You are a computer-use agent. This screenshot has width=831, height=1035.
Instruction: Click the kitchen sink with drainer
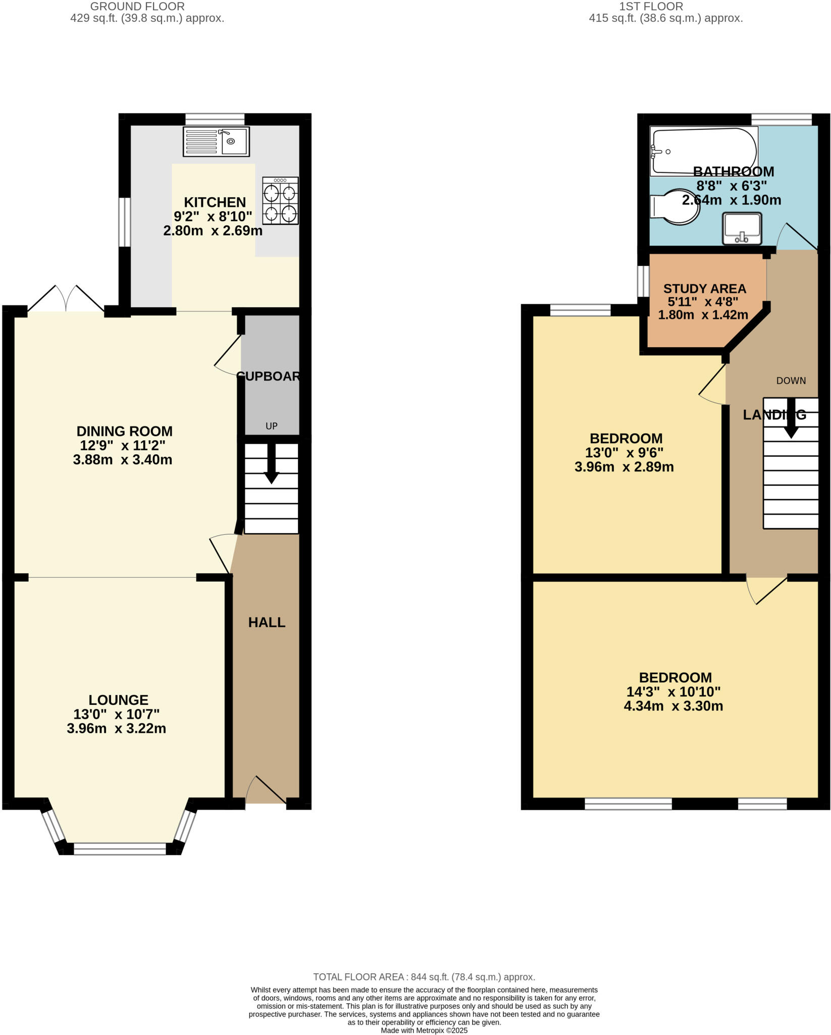click(x=216, y=142)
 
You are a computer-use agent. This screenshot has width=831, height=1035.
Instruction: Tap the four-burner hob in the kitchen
click(x=280, y=201)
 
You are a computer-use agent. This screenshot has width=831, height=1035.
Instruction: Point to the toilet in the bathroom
click(x=674, y=207)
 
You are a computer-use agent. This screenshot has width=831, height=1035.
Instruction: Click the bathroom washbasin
click(x=742, y=229)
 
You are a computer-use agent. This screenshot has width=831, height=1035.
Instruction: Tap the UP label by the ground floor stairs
click(x=272, y=426)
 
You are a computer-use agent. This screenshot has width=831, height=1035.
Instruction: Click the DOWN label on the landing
click(x=791, y=381)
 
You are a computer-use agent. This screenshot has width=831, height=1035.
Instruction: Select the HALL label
click(x=267, y=623)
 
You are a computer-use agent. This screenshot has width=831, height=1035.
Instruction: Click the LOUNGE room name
click(x=119, y=700)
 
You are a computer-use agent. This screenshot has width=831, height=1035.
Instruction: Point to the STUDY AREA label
click(x=704, y=289)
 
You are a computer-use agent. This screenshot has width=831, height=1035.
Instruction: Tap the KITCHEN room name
click(x=215, y=202)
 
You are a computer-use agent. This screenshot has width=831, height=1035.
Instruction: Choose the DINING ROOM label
click(x=124, y=431)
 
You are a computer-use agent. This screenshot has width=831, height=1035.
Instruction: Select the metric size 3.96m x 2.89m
click(x=624, y=467)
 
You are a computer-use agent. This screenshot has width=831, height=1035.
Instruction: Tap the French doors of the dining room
click(x=66, y=300)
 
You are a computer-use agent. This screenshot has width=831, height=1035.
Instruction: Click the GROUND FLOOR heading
click(x=137, y=7)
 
